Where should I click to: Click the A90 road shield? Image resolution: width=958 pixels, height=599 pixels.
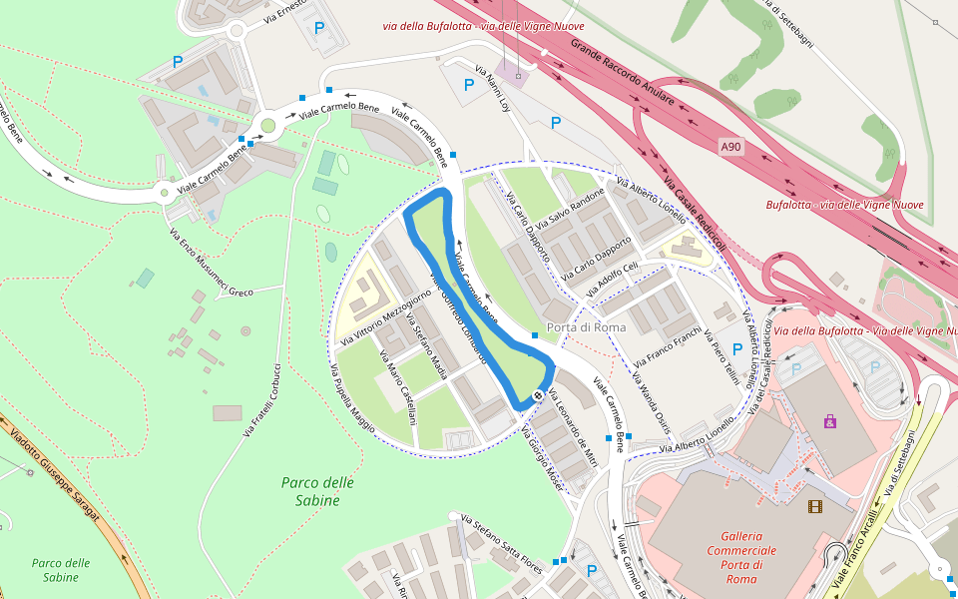[x=731, y=147]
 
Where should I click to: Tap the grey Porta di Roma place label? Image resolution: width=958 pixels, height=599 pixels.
[x=586, y=327]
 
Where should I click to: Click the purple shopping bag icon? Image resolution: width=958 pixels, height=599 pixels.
[x=830, y=422]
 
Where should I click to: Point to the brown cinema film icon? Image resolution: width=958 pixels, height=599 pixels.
[x=815, y=506]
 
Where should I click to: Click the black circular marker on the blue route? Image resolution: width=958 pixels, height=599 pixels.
[x=538, y=395]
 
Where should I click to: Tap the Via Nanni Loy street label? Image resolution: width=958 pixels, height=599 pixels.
[x=492, y=89]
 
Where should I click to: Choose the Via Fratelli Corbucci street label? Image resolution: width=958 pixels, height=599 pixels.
[x=261, y=399]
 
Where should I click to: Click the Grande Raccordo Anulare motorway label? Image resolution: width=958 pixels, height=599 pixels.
[x=624, y=73]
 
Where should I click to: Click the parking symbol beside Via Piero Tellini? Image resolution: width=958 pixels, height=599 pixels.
[x=737, y=349]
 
